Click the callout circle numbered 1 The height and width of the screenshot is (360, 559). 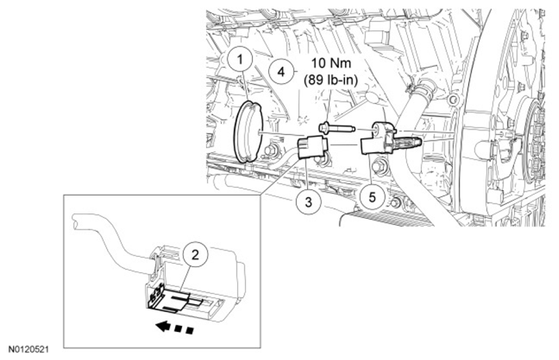[243, 59]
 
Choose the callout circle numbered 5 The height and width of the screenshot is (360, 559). [372, 196]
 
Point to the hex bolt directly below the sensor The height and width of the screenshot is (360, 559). [381, 165]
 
